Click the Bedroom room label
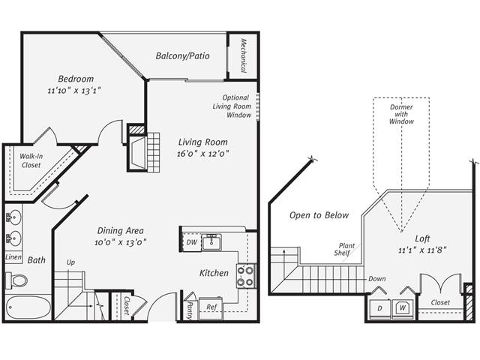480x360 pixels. [76, 79]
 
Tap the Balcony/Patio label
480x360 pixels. [182, 56]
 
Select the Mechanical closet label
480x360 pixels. [244, 55]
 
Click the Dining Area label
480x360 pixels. [120, 231]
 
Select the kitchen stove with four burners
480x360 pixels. [244, 277]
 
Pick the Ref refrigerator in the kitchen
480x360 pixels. [212, 307]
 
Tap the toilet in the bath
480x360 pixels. [17, 280]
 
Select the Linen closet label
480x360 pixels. [13, 257]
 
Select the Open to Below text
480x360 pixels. [319, 215]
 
